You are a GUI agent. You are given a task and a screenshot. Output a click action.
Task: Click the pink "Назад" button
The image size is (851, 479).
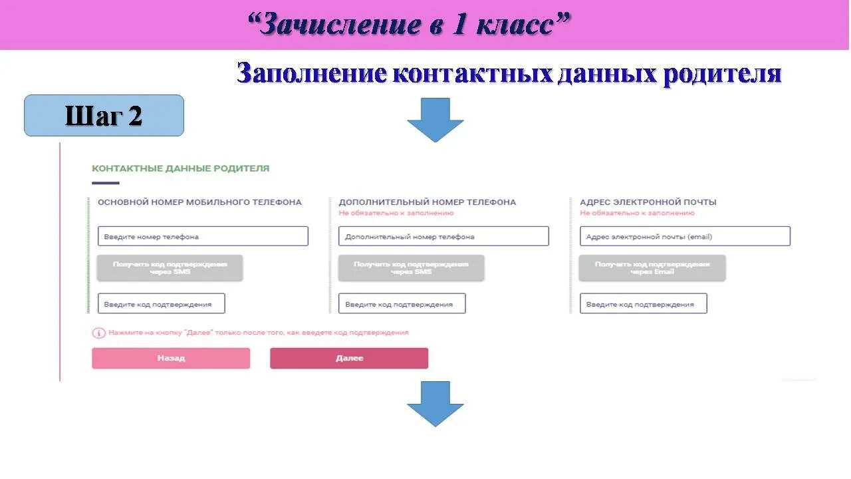[171, 358]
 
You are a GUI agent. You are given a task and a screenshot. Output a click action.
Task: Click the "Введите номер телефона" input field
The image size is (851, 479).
[203, 236]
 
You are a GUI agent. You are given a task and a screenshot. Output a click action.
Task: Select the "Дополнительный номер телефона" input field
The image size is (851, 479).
[443, 236]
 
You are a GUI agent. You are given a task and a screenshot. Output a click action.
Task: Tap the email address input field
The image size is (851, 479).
[685, 236]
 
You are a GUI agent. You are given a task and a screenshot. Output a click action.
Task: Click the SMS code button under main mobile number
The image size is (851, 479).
[170, 267]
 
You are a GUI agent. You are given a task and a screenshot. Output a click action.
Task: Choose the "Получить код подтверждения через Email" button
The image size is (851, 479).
[652, 267]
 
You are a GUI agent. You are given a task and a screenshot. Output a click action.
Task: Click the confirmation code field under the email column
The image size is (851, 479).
[643, 304]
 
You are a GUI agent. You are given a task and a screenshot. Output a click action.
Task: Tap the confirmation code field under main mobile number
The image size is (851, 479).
[162, 304]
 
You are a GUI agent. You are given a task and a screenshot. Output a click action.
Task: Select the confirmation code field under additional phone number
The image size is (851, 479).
[402, 304]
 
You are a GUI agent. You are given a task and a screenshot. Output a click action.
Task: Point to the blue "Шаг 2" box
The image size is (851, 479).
[104, 116]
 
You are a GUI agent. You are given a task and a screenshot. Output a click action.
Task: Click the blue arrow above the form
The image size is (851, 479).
[435, 119]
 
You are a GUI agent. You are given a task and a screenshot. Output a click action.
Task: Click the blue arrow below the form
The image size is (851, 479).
[435, 403]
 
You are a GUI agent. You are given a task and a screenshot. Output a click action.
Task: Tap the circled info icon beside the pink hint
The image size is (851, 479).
[98, 333]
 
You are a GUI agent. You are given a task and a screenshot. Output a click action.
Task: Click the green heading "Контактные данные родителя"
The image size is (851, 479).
[180, 168]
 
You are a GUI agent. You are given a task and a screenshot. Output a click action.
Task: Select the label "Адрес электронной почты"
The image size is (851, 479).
[648, 202]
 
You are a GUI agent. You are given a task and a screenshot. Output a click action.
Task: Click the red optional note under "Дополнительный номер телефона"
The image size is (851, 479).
[396, 213]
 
